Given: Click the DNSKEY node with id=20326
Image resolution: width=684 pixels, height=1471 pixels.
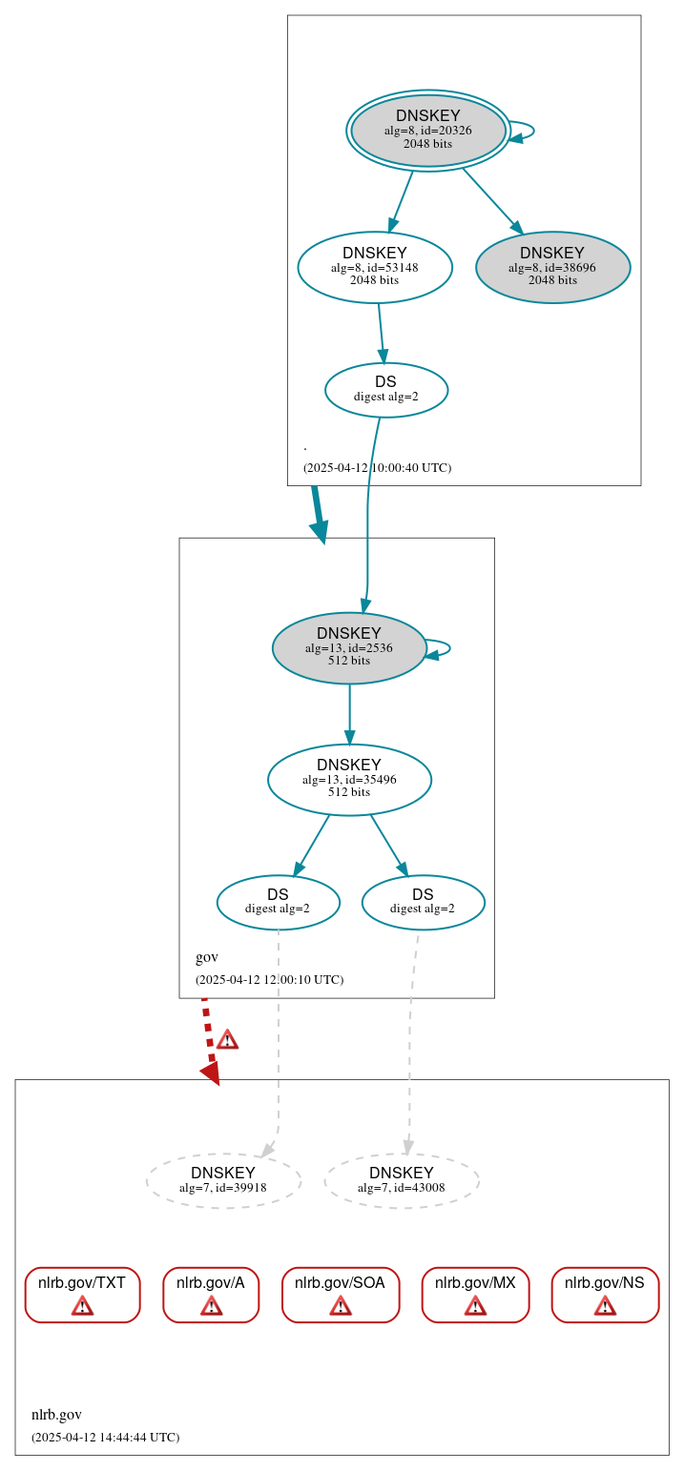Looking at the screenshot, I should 427,130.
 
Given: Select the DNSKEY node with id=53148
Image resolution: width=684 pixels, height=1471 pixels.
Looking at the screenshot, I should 374,267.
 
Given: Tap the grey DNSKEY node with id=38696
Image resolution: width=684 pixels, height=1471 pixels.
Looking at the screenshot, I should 552,267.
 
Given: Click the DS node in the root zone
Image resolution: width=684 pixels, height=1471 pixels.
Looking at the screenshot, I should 385,389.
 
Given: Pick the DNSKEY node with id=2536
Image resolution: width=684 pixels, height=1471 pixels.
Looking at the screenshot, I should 348,647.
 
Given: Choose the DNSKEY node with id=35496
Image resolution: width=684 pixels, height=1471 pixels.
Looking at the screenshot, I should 348,779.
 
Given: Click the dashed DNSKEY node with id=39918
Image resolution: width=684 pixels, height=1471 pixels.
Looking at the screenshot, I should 223,1180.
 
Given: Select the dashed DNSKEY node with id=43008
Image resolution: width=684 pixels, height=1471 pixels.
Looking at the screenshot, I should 401,1180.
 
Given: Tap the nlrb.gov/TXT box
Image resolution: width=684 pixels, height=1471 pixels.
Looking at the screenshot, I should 82,1295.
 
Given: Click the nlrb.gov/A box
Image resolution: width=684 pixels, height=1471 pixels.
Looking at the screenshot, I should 211,1295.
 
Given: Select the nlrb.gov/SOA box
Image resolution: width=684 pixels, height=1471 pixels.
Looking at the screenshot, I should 340,1295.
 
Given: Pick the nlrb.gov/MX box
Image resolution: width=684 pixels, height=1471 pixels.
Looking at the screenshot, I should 475,1295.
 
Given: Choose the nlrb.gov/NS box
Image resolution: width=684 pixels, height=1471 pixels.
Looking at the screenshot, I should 605,1295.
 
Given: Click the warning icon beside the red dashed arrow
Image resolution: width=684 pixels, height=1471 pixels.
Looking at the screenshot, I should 227,1039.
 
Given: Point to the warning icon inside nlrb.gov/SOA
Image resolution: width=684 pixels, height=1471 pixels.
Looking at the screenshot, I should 340,1305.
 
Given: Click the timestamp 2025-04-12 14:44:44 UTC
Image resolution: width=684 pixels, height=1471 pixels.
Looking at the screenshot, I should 105,1437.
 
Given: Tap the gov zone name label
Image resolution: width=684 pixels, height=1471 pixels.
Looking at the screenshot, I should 207,957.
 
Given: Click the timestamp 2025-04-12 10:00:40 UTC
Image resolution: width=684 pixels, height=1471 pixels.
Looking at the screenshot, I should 377,467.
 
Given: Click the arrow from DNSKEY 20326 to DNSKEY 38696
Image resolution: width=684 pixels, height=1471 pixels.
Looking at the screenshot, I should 492,200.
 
